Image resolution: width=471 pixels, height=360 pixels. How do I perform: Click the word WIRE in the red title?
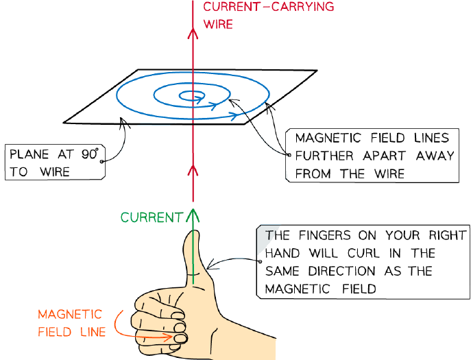coord(218,24)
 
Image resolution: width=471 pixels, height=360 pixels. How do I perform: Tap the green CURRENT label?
coord(152,217)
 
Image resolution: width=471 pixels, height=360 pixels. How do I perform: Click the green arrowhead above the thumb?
coord(193,215)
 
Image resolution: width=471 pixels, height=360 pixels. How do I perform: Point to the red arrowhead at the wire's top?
coord(193,33)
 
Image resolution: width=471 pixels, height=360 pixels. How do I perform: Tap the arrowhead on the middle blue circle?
coord(213,106)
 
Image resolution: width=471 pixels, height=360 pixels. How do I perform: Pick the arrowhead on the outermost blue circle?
coord(234,115)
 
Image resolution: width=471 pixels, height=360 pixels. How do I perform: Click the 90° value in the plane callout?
coord(90,154)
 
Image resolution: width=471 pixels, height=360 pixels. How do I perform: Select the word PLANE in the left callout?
coord(29,154)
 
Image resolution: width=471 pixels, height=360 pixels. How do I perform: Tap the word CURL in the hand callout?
coord(363,253)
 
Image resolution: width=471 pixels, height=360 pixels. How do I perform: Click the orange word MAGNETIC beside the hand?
coord(70,315)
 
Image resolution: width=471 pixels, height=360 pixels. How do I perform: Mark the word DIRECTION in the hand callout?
coord(342,272)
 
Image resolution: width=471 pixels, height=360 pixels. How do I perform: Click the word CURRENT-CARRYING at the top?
coord(269,7)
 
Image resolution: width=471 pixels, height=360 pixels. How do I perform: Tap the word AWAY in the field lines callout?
coord(435,156)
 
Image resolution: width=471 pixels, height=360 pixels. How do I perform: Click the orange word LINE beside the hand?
coord(93,332)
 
